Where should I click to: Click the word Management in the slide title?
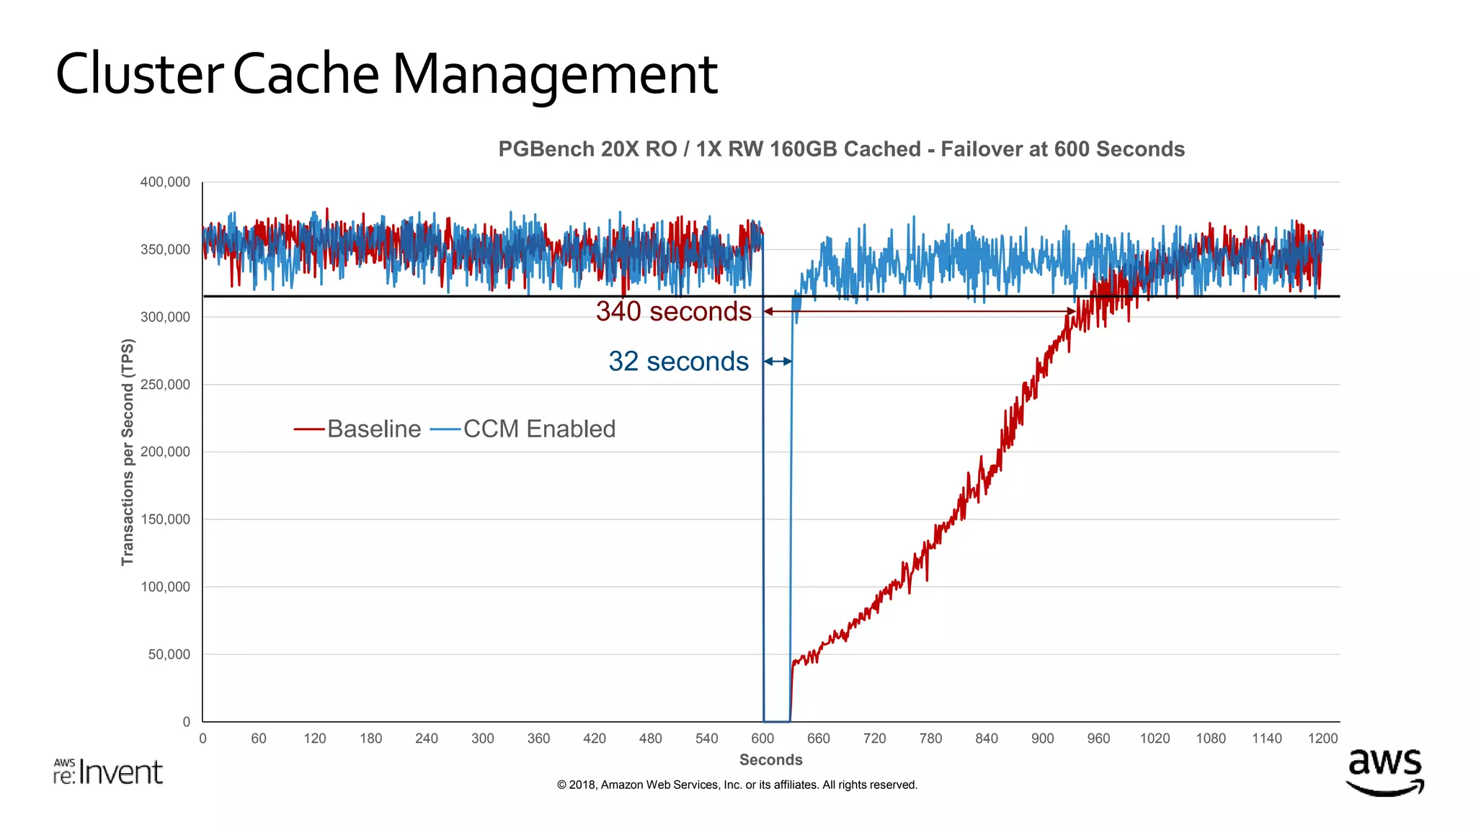[554, 75]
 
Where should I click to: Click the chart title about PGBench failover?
[841, 149]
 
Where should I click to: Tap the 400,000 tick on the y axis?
[165, 182]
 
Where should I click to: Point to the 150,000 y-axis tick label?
[165, 519]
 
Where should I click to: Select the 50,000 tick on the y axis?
[169, 654]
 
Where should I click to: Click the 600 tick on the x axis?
[763, 738]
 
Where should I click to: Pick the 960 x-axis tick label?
[1098, 738]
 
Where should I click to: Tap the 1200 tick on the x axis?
[1322, 738]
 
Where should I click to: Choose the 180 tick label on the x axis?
[370, 738]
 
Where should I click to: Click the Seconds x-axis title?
[770, 760]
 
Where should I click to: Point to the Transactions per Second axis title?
[128, 452]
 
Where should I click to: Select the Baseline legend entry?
[358, 429]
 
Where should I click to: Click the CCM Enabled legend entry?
[524, 429]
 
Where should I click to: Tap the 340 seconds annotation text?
[673, 311]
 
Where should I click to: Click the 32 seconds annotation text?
[678, 362]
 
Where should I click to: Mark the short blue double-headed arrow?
[778, 362]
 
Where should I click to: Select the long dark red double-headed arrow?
[920, 311]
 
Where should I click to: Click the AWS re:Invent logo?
[108, 772]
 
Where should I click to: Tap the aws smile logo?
[1384, 772]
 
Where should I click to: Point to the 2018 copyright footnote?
[737, 785]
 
